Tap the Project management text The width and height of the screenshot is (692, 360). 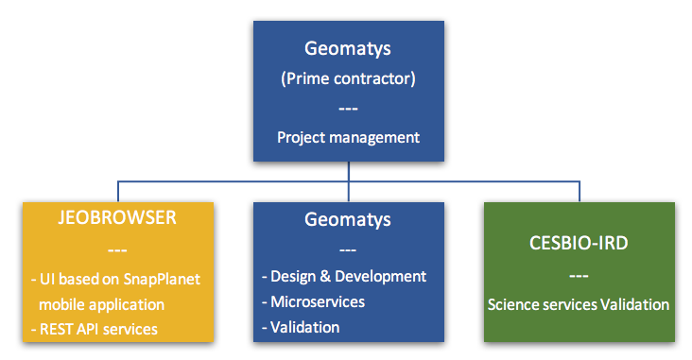348,137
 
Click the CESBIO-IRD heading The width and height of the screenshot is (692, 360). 579,244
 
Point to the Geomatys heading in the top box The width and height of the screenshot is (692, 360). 348,47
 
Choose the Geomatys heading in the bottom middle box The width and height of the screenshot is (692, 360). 348,219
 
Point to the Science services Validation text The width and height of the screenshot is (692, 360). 579,304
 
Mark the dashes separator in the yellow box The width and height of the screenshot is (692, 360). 118,250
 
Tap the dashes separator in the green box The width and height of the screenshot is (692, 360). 579,275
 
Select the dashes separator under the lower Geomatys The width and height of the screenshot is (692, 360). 348,249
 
